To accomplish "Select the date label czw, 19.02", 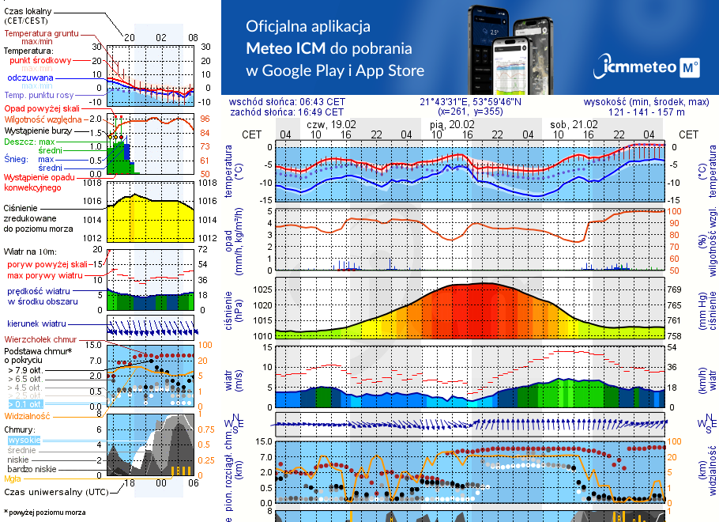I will [331, 124].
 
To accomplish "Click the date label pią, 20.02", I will [453, 124].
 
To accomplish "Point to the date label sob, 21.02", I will [574, 124].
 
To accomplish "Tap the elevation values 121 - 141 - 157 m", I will [646, 112].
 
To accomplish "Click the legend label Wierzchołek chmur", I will [41, 339].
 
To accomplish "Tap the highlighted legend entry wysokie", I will [24, 439].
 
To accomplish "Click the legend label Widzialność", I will [27, 415].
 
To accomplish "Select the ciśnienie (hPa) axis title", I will [235, 308].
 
